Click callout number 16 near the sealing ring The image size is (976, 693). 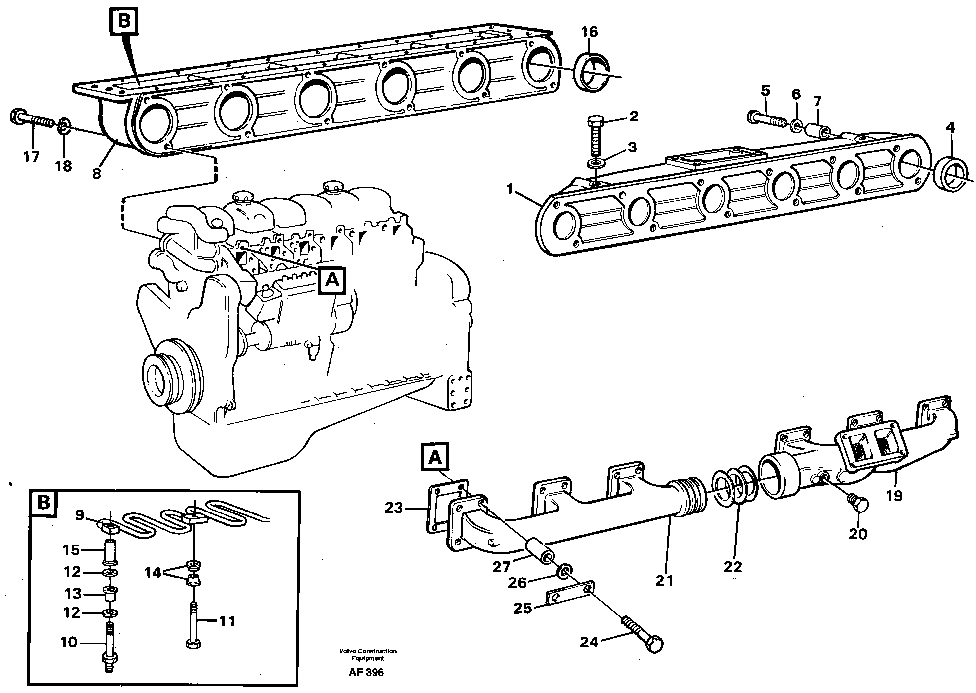[x=590, y=32]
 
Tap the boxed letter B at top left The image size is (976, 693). [x=124, y=21]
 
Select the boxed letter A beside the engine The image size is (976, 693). [x=332, y=281]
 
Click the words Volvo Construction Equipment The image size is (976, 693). [x=367, y=655]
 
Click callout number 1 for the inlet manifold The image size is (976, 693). [x=510, y=189]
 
